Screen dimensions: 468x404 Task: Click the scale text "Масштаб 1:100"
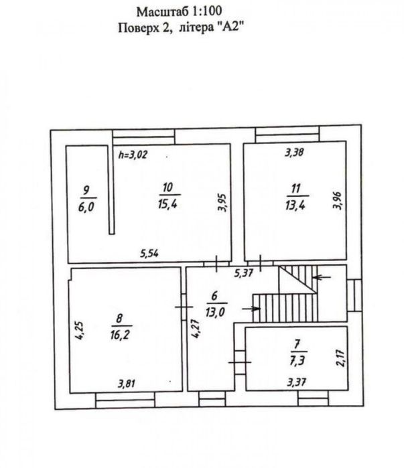pyautogui.click(x=179, y=11)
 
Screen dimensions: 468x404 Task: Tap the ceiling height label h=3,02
pyautogui.click(x=132, y=155)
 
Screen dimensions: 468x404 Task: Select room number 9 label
pyautogui.click(x=85, y=189)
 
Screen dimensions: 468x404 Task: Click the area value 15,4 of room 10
pyautogui.click(x=167, y=203)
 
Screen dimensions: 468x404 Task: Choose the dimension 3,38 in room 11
pyautogui.click(x=295, y=152)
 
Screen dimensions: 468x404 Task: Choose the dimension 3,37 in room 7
pyautogui.click(x=297, y=383)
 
